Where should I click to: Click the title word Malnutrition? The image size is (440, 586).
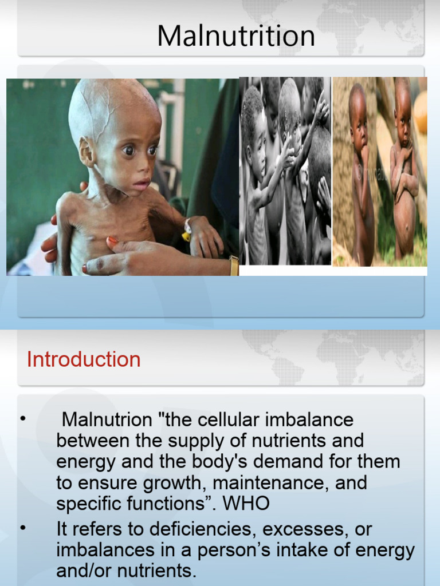click(236, 37)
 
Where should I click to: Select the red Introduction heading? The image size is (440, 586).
click(84, 360)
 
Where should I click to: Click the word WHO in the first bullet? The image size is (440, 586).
click(246, 504)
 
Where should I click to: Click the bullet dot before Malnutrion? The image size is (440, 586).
click(23, 419)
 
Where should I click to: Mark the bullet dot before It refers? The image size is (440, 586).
click(23, 528)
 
